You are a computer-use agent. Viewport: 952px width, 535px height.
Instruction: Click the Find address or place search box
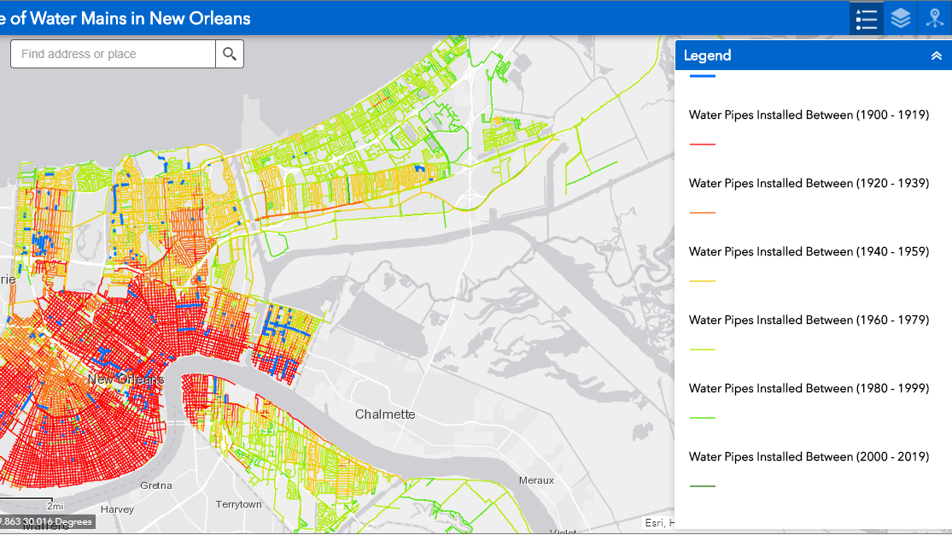click(113, 54)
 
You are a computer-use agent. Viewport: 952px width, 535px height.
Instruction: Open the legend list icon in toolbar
click(866, 18)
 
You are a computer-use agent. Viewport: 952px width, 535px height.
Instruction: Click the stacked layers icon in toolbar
click(900, 18)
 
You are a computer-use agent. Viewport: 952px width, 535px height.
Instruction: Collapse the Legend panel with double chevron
click(936, 56)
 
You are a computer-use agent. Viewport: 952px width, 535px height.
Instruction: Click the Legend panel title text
click(707, 56)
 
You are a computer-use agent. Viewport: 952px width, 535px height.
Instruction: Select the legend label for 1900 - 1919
click(809, 115)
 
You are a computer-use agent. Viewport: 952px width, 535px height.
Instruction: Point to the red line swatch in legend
click(702, 144)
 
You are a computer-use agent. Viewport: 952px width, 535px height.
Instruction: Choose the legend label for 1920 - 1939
click(809, 183)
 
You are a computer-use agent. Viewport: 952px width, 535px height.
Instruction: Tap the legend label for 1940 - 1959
click(809, 251)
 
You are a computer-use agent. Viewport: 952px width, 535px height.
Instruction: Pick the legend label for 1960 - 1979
click(809, 320)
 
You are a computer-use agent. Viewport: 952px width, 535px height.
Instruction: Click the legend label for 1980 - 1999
click(809, 388)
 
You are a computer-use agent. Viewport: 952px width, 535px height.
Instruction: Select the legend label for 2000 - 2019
click(809, 456)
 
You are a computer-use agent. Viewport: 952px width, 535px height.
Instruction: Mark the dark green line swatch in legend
click(702, 486)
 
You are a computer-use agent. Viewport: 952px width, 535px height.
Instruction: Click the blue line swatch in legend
click(702, 76)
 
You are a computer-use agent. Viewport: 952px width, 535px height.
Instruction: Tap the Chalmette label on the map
click(385, 414)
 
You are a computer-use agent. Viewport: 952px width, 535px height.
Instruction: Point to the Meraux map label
click(536, 480)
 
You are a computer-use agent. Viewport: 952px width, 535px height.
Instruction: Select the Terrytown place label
click(239, 504)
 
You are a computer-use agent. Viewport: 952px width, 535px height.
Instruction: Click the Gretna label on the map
click(155, 485)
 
